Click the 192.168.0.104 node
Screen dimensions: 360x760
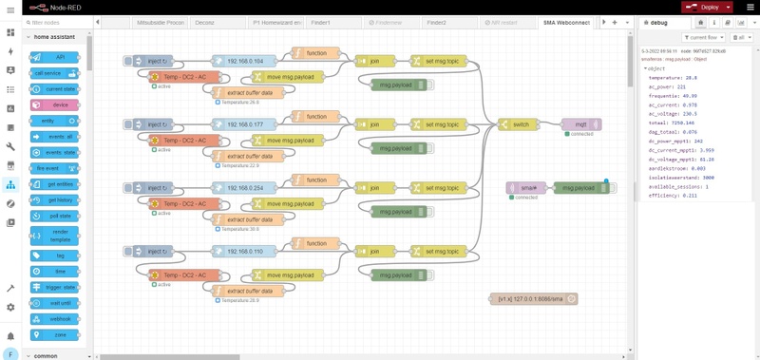244,60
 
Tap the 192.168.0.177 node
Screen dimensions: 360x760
244,124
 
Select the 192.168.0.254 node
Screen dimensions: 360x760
244,188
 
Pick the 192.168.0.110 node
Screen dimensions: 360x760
244,252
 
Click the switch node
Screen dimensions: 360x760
520,124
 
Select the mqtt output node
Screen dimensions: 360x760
579,124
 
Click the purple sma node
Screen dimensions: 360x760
524,188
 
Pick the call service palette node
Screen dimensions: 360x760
47,72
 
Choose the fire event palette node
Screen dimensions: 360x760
47,168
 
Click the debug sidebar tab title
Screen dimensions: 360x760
660,21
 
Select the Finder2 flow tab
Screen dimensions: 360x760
436,21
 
